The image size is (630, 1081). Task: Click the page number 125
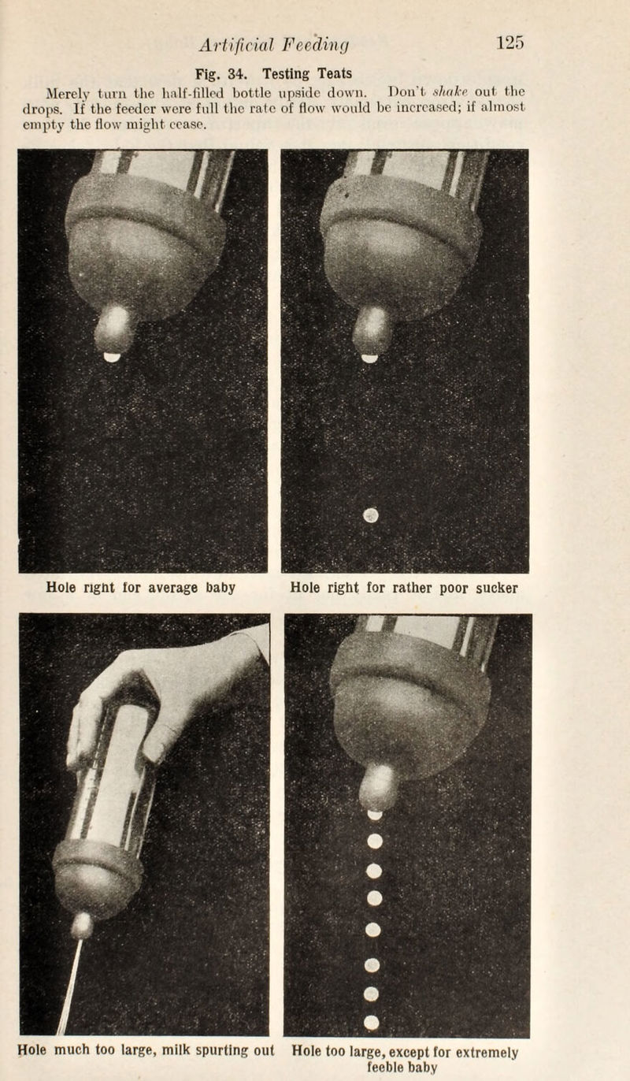(x=510, y=42)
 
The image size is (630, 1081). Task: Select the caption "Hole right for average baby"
(x=143, y=588)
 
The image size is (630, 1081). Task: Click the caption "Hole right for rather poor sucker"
(x=404, y=588)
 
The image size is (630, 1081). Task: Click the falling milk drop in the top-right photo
(x=370, y=515)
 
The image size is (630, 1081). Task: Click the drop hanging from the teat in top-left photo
(x=112, y=357)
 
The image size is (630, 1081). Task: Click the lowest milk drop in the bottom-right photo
(x=372, y=1022)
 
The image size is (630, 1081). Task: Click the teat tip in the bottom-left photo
(x=81, y=925)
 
